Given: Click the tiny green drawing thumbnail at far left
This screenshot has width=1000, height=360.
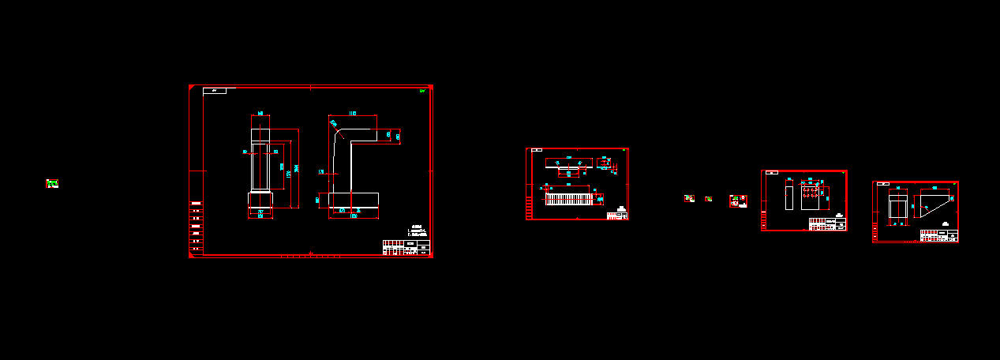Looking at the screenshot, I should point(52,184).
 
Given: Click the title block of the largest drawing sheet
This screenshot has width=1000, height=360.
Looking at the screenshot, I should point(406,247).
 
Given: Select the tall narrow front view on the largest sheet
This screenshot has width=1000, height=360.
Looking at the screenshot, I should point(260,166).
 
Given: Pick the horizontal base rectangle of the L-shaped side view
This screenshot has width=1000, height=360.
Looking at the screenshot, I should point(353,201).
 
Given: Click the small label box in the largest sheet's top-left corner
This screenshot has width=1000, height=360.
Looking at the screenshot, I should point(215,92).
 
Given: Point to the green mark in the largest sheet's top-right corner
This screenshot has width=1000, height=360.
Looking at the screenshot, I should point(423,92).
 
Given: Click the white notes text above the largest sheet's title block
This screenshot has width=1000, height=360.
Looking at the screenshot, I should point(418,231).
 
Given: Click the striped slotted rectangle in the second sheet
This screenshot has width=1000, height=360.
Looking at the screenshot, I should point(568,199).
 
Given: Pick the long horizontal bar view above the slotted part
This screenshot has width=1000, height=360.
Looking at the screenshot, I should point(568,163).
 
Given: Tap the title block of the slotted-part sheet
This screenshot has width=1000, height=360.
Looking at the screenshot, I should point(617,215).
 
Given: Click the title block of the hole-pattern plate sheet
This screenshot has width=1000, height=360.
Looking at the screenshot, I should point(828,224).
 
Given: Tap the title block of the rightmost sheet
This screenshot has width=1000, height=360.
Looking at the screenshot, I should point(939,235).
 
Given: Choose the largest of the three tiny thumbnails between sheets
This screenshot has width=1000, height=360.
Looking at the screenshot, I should point(738,201).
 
